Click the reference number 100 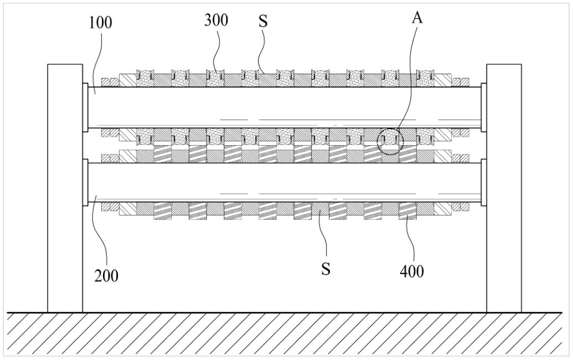(100, 23)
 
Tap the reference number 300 (216, 20)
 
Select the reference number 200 (106, 276)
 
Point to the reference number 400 (412, 271)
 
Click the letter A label (417, 18)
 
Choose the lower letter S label (326, 269)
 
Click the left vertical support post (65, 188)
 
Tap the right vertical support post (504, 188)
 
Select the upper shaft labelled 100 (285, 107)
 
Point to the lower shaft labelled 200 (285, 182)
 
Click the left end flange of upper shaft (85, 107)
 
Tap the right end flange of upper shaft (484, 107)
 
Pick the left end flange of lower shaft (85, 182)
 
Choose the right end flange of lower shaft (484, 182)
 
